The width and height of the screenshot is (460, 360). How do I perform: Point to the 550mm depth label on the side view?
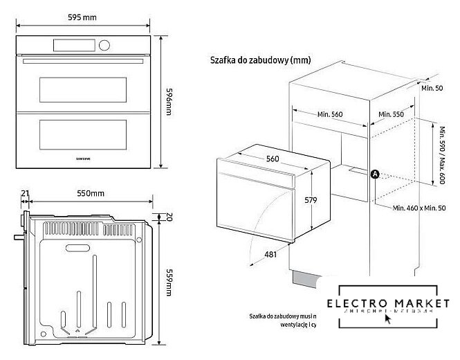click(x=90, y=193)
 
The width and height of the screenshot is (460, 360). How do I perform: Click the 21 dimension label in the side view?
click(x=26, y=193)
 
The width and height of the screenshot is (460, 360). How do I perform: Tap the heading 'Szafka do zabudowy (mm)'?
click(x=260, y=60)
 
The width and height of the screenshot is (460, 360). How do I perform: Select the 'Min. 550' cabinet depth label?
click(x=392, y=114)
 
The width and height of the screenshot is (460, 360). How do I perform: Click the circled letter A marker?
click(x=375, y=174)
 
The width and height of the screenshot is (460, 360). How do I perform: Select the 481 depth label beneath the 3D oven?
click(x=270, y=255)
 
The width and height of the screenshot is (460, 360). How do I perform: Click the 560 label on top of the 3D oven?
click(x=273, y=159)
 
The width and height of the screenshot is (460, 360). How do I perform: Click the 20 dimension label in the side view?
click(x=168, y=216)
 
